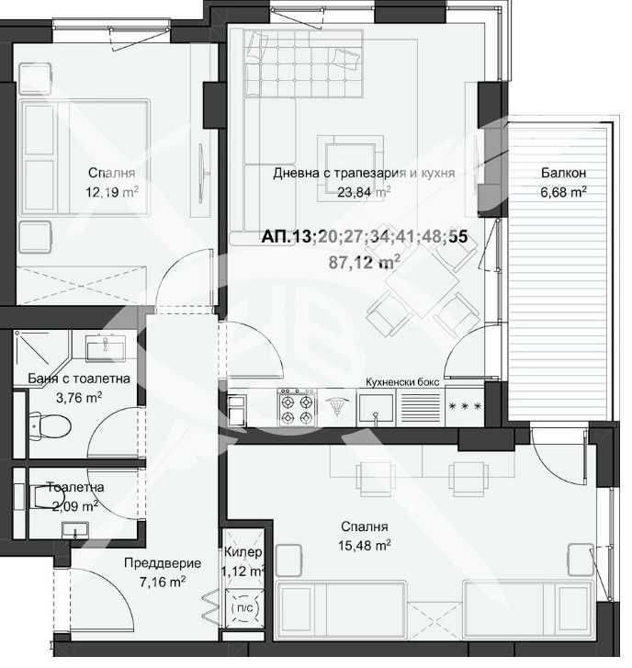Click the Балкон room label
point(563,173)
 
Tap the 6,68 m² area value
point(563,192)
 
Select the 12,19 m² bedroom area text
point(113,192)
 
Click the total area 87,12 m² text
point(364,261)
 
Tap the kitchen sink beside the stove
point(377,406)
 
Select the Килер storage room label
point(243,552)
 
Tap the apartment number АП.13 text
point(288,237)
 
